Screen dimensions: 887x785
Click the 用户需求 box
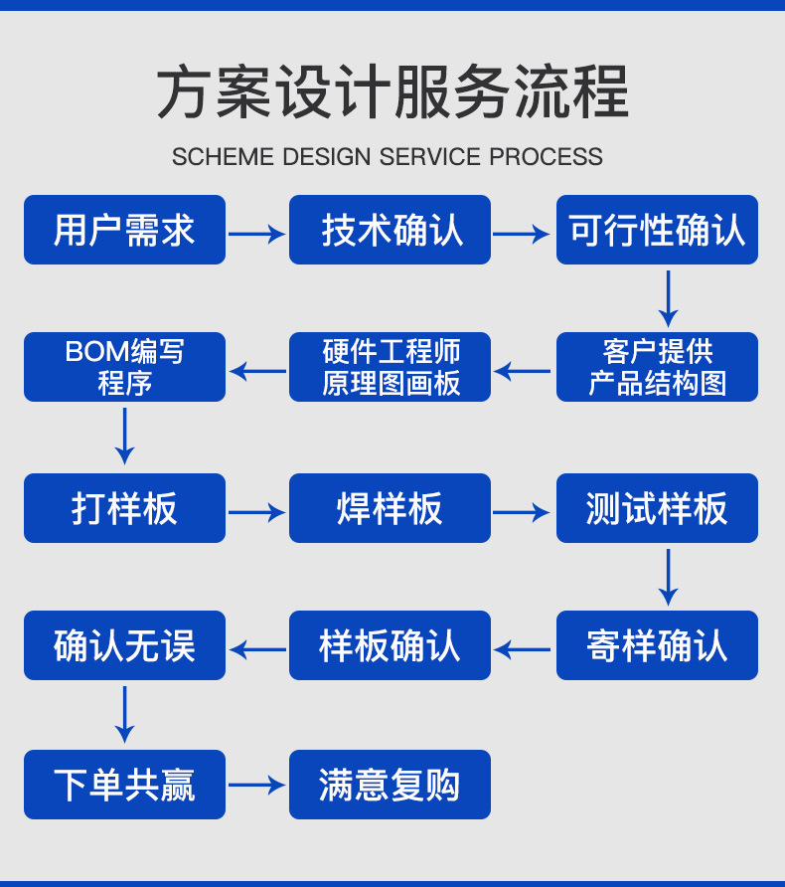[x=124, y=230]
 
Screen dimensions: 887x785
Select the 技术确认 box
[x=390, y=230]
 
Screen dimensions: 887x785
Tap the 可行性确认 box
[x=657, y=230]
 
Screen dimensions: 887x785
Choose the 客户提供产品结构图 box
[x=657, y=367]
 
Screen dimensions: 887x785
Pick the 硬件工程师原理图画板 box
[x=390, y=367]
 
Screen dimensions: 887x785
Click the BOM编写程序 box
[x=124, y=367]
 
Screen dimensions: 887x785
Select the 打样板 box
[x=124, y=508]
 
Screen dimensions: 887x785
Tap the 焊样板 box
[x=390, y=508]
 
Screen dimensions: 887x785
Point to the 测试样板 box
[x=657, y=508]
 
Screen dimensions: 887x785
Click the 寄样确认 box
[x=657, y=645]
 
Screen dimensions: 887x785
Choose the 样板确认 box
[x=390, y=645]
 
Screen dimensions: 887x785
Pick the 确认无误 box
[x=124, y=645]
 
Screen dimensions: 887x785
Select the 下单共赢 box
[x=124, y=785]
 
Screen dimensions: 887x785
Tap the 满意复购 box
[x=390, y=785]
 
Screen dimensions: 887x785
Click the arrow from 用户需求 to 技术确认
[x=256, y=235]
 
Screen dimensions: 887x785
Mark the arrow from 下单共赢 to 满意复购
[x=256, y=786]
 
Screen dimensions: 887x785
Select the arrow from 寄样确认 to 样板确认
[x=523, y=650]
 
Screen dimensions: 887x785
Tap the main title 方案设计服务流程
[x=392, y=92]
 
